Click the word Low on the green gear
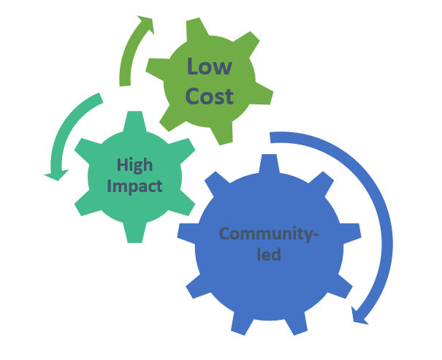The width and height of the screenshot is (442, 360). (x=210, y=66)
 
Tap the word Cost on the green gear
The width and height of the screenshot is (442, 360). (x=210, y=96)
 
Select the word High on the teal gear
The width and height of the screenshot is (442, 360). (x=134, y=165)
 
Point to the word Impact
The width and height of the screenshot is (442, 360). (x=134, y=186)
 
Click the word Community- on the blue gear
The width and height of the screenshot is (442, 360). (x=269, y=234)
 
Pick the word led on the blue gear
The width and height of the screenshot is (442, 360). (x=269, y=254)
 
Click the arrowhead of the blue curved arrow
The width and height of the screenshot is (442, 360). (x=359, y=316)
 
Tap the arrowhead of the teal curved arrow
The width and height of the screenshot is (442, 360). (x=57, y=175)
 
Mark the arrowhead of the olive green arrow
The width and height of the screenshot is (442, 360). (x=147, y=24)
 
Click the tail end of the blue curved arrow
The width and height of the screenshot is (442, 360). (x=270, y=137)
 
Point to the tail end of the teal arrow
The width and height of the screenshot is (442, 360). (x=101, y=98)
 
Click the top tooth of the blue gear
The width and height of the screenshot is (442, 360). (x=269, y=163)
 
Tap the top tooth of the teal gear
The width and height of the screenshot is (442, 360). (x=134, y=120)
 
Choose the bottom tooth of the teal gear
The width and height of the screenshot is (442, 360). (x=134, y=233)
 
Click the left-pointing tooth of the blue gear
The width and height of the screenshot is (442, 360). (x=187, y=233)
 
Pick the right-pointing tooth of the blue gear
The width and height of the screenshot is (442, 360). (x=351, y=233)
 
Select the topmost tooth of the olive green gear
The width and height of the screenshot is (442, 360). (x=197, y=28)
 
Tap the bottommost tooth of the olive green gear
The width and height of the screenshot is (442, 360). (x=223, y=134)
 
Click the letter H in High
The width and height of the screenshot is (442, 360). (x=122, y=164)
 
